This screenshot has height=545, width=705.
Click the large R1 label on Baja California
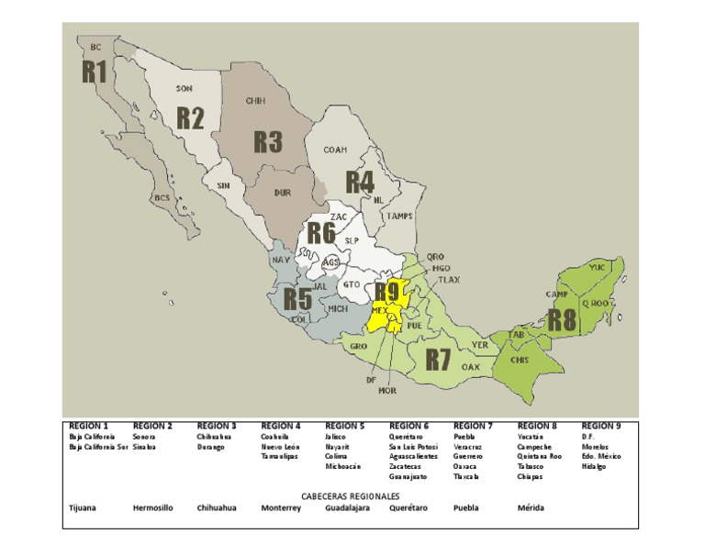[x=95, y=72]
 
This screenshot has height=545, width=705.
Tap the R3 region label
[x=267, y=142]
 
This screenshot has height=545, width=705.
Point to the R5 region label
[x=297, y=299]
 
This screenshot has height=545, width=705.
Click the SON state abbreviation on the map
[x=185, y=89]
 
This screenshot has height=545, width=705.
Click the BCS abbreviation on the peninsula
[x=162, y=198]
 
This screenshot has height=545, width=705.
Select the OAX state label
[x=470, y=367]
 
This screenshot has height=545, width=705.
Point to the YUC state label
[x=597, y=267]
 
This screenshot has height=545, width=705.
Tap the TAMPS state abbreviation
[x=399, y=217]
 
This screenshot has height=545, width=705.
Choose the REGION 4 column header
[x=281, y=427]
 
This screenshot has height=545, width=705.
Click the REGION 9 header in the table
[x=601, y=427]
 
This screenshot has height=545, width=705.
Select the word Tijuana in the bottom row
[x=84, y=507]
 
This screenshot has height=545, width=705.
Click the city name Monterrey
[x=281, y=507]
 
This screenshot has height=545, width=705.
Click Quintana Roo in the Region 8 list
[x=539, y=456]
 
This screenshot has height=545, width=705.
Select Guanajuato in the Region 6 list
[x=408, y=476]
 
